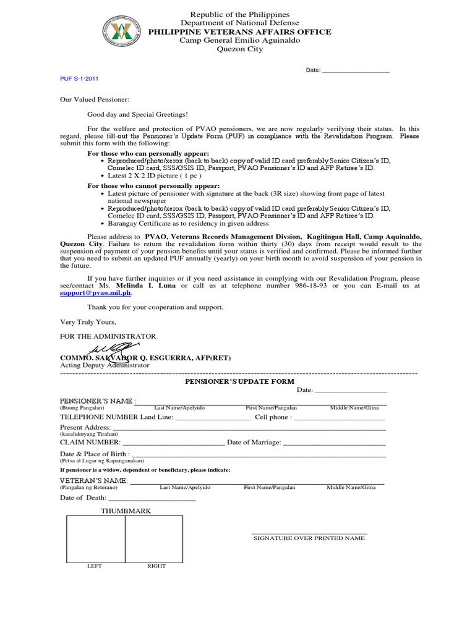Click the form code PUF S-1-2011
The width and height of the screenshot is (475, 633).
[79, 79]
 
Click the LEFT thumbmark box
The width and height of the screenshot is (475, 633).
[96, 538]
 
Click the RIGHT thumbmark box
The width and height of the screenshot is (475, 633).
[154, 538]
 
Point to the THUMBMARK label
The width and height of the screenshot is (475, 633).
[126, 511]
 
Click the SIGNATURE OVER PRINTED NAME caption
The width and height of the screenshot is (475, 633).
[309, 538]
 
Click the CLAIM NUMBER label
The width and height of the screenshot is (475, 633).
[89, 443]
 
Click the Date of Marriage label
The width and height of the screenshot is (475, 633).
[254, 443]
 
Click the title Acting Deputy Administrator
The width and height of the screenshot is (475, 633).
[105, 365]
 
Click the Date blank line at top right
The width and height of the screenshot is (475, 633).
[356, 70]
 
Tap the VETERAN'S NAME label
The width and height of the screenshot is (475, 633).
[93, 481]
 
